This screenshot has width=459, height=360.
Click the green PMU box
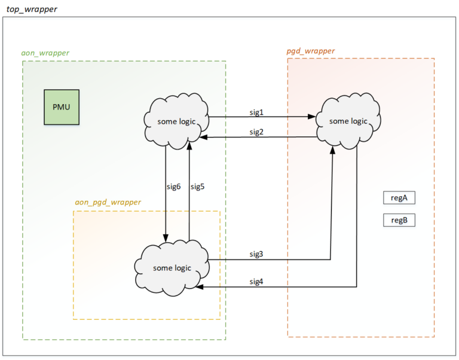coord(62,107)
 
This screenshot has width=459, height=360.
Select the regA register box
coord(399,198)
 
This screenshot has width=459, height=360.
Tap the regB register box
coord(399,220)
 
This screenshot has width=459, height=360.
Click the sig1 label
coord(256,112)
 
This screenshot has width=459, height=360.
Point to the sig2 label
coord(256,132)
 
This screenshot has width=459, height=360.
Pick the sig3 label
coord(256,254)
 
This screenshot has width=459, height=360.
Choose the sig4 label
coord(256,282)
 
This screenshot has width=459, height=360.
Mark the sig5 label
coord(197,187)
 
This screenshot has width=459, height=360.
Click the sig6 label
coord(173,187)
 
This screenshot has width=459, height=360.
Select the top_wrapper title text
coord(32,9)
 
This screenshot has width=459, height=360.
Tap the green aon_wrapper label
coord(45,53)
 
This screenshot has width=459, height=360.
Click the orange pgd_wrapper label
coord(310,51)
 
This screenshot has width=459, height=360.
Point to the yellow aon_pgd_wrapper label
coord(108,202)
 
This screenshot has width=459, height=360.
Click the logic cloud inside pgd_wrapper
coord(348,121)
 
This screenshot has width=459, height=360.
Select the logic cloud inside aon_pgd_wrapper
coord(172,267)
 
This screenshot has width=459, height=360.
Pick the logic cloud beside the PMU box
coord(176,121)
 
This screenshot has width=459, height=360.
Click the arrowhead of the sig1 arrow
coord(313,118)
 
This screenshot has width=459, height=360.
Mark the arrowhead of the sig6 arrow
coord(166,238)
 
